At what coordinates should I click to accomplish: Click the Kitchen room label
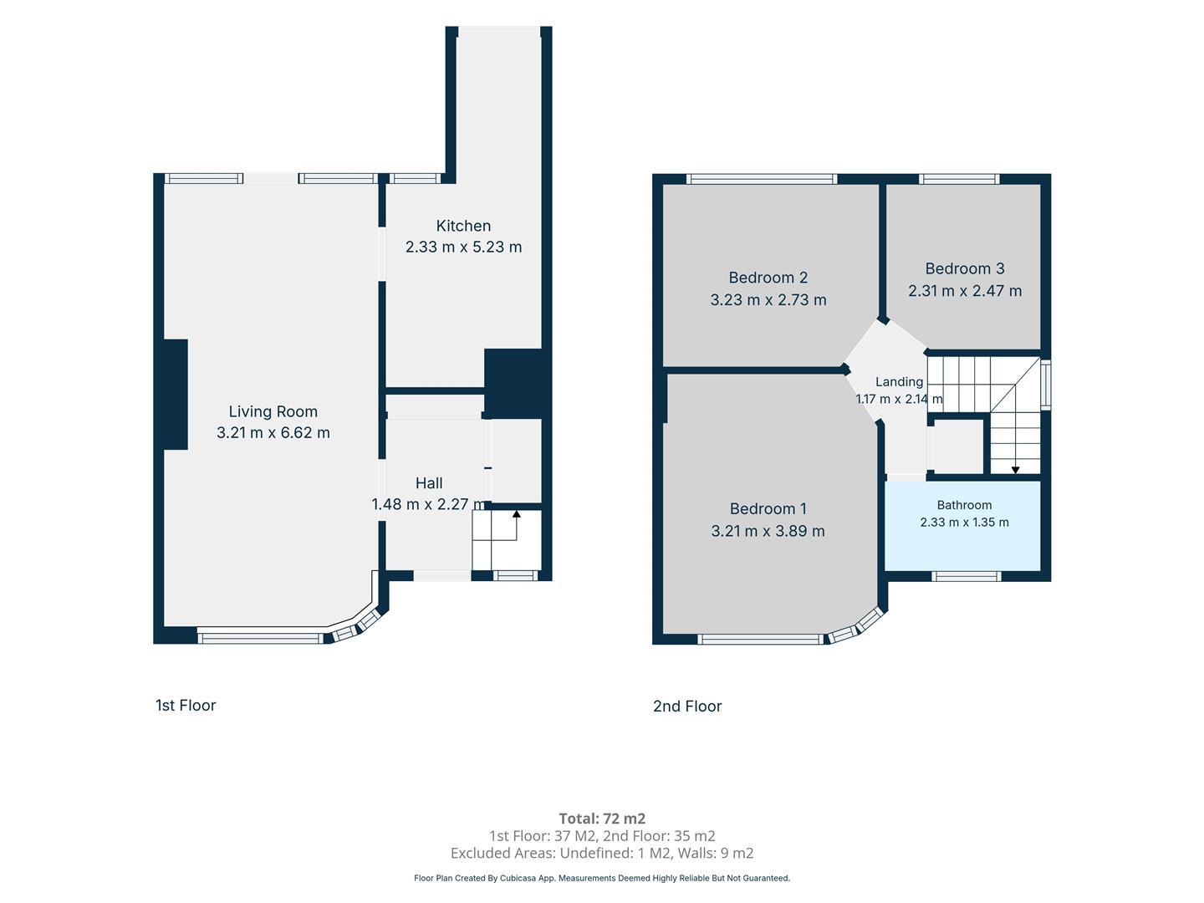point(463,226)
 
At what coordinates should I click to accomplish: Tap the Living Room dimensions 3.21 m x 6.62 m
point(273,432)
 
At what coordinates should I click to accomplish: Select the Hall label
point(429,483)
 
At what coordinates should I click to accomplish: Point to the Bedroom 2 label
point(768,278)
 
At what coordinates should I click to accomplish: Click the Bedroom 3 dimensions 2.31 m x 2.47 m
point(965,291)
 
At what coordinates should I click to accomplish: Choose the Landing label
point(899,381)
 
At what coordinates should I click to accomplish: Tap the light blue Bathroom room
point(963,526)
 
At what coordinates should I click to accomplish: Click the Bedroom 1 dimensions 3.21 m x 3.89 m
point(768,531)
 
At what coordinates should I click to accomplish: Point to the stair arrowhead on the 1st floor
point(516,513)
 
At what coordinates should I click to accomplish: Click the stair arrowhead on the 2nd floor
point(1015,470)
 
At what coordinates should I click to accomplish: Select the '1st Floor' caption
point(186,705)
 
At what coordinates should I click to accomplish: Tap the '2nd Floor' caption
point(687,707)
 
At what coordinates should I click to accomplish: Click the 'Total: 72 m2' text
point(602,819)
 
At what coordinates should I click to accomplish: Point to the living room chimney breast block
point(176,395)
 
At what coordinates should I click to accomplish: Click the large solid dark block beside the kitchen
point(518,384)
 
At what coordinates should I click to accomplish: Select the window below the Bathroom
point(966,576)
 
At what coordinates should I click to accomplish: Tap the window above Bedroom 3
point(959,179)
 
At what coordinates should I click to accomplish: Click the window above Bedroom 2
point(762,179)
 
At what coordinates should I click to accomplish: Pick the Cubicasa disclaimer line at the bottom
point(602,878)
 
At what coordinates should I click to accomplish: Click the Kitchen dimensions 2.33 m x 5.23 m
point(463,247)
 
